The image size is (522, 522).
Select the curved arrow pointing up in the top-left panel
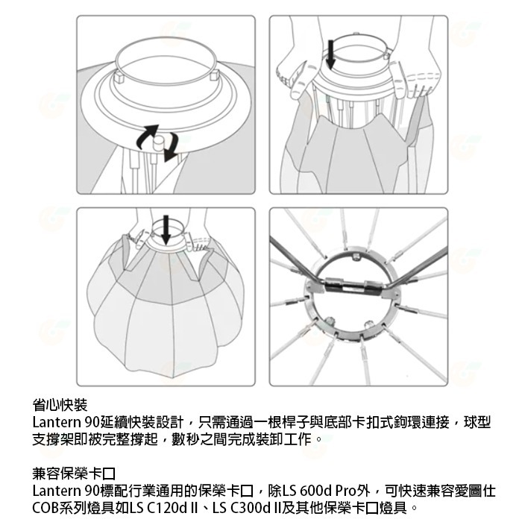[x=144, y=137]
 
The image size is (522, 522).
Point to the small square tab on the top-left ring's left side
[x=119, y=75]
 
